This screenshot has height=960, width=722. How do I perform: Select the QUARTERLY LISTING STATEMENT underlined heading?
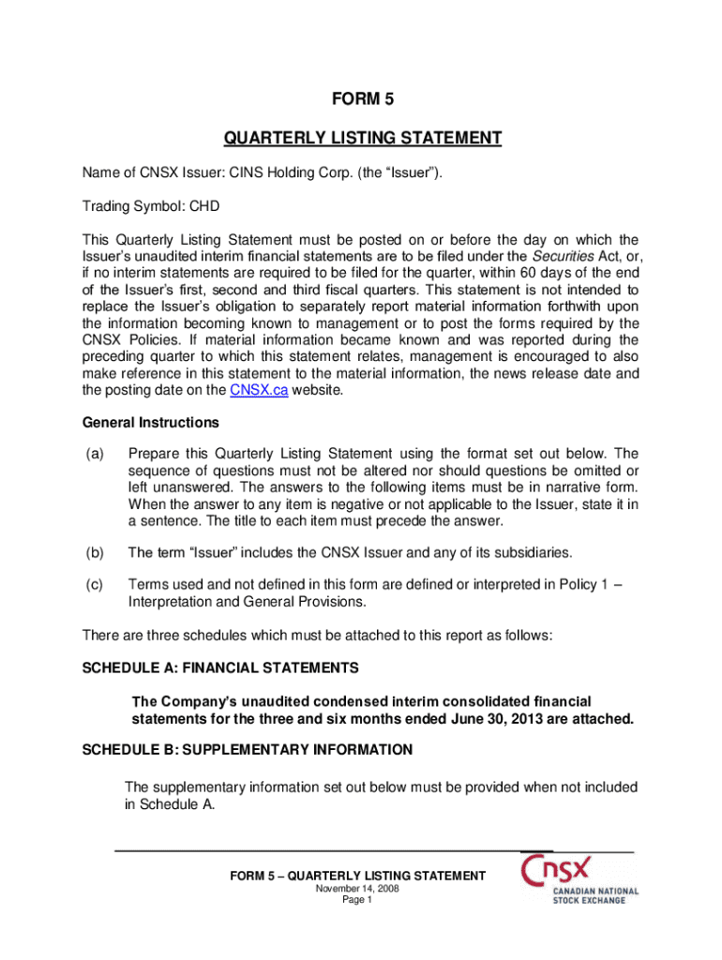(362, 139)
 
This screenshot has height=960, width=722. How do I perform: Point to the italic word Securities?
(559, 256)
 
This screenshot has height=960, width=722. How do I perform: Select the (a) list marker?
(93, 454)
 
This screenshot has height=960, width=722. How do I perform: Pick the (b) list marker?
(93, 551)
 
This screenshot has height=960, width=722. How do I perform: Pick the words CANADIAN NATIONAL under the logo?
(595, 891)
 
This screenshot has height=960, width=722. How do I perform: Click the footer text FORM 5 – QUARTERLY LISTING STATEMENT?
(357, 876)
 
